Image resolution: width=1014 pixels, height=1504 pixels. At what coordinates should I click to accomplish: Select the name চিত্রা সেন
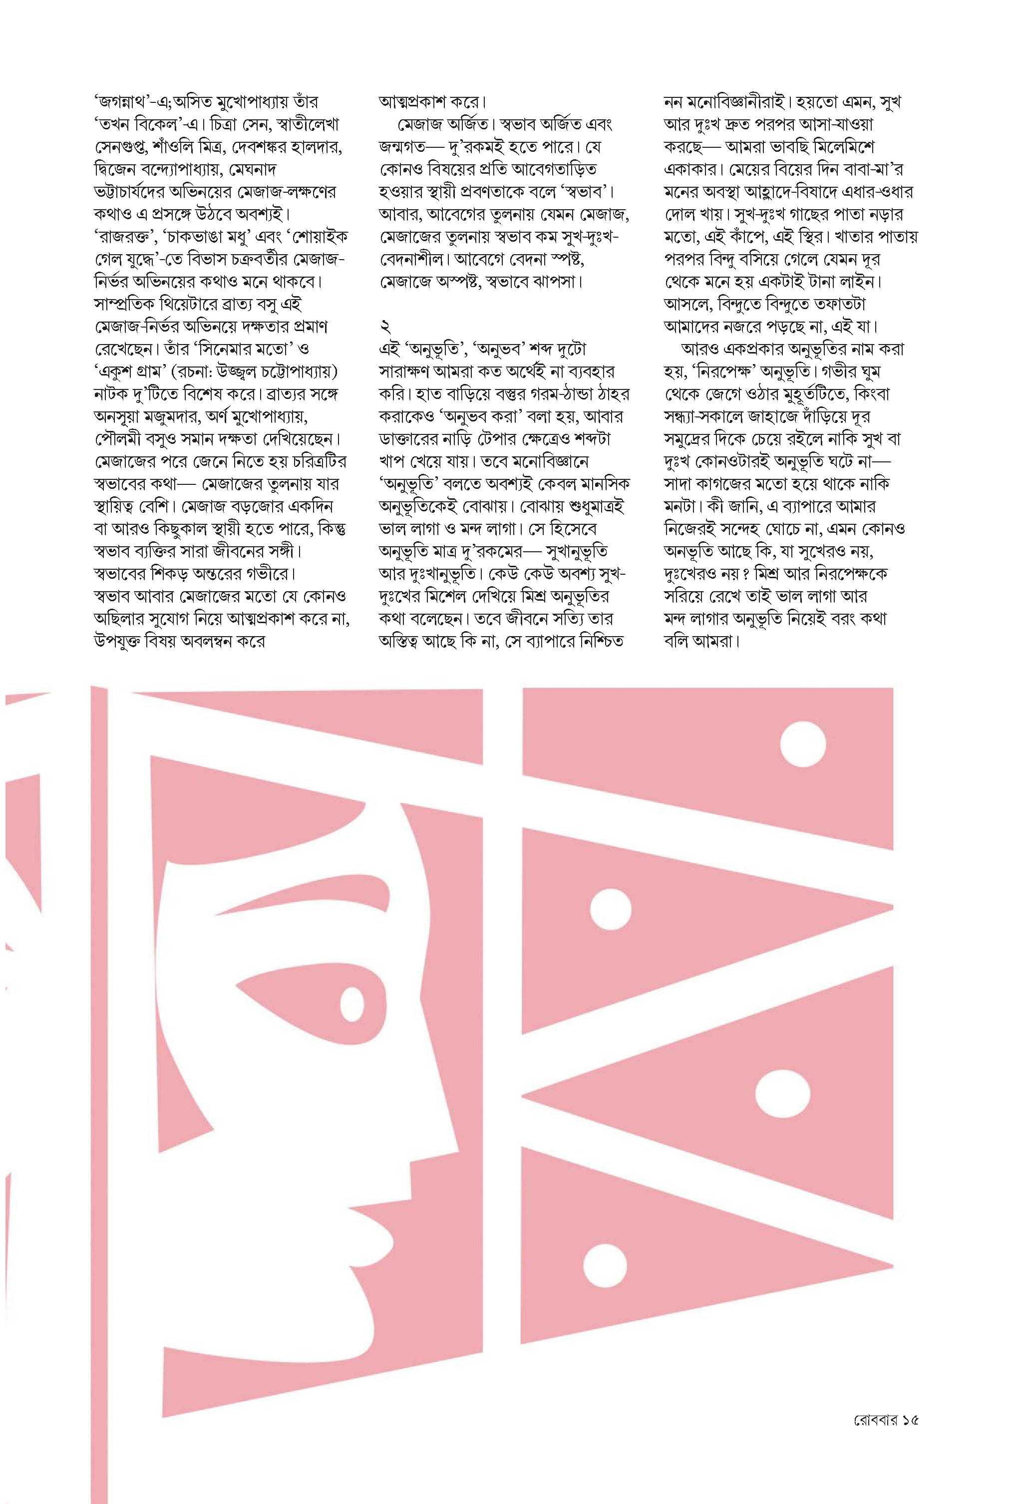pos(254,125)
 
